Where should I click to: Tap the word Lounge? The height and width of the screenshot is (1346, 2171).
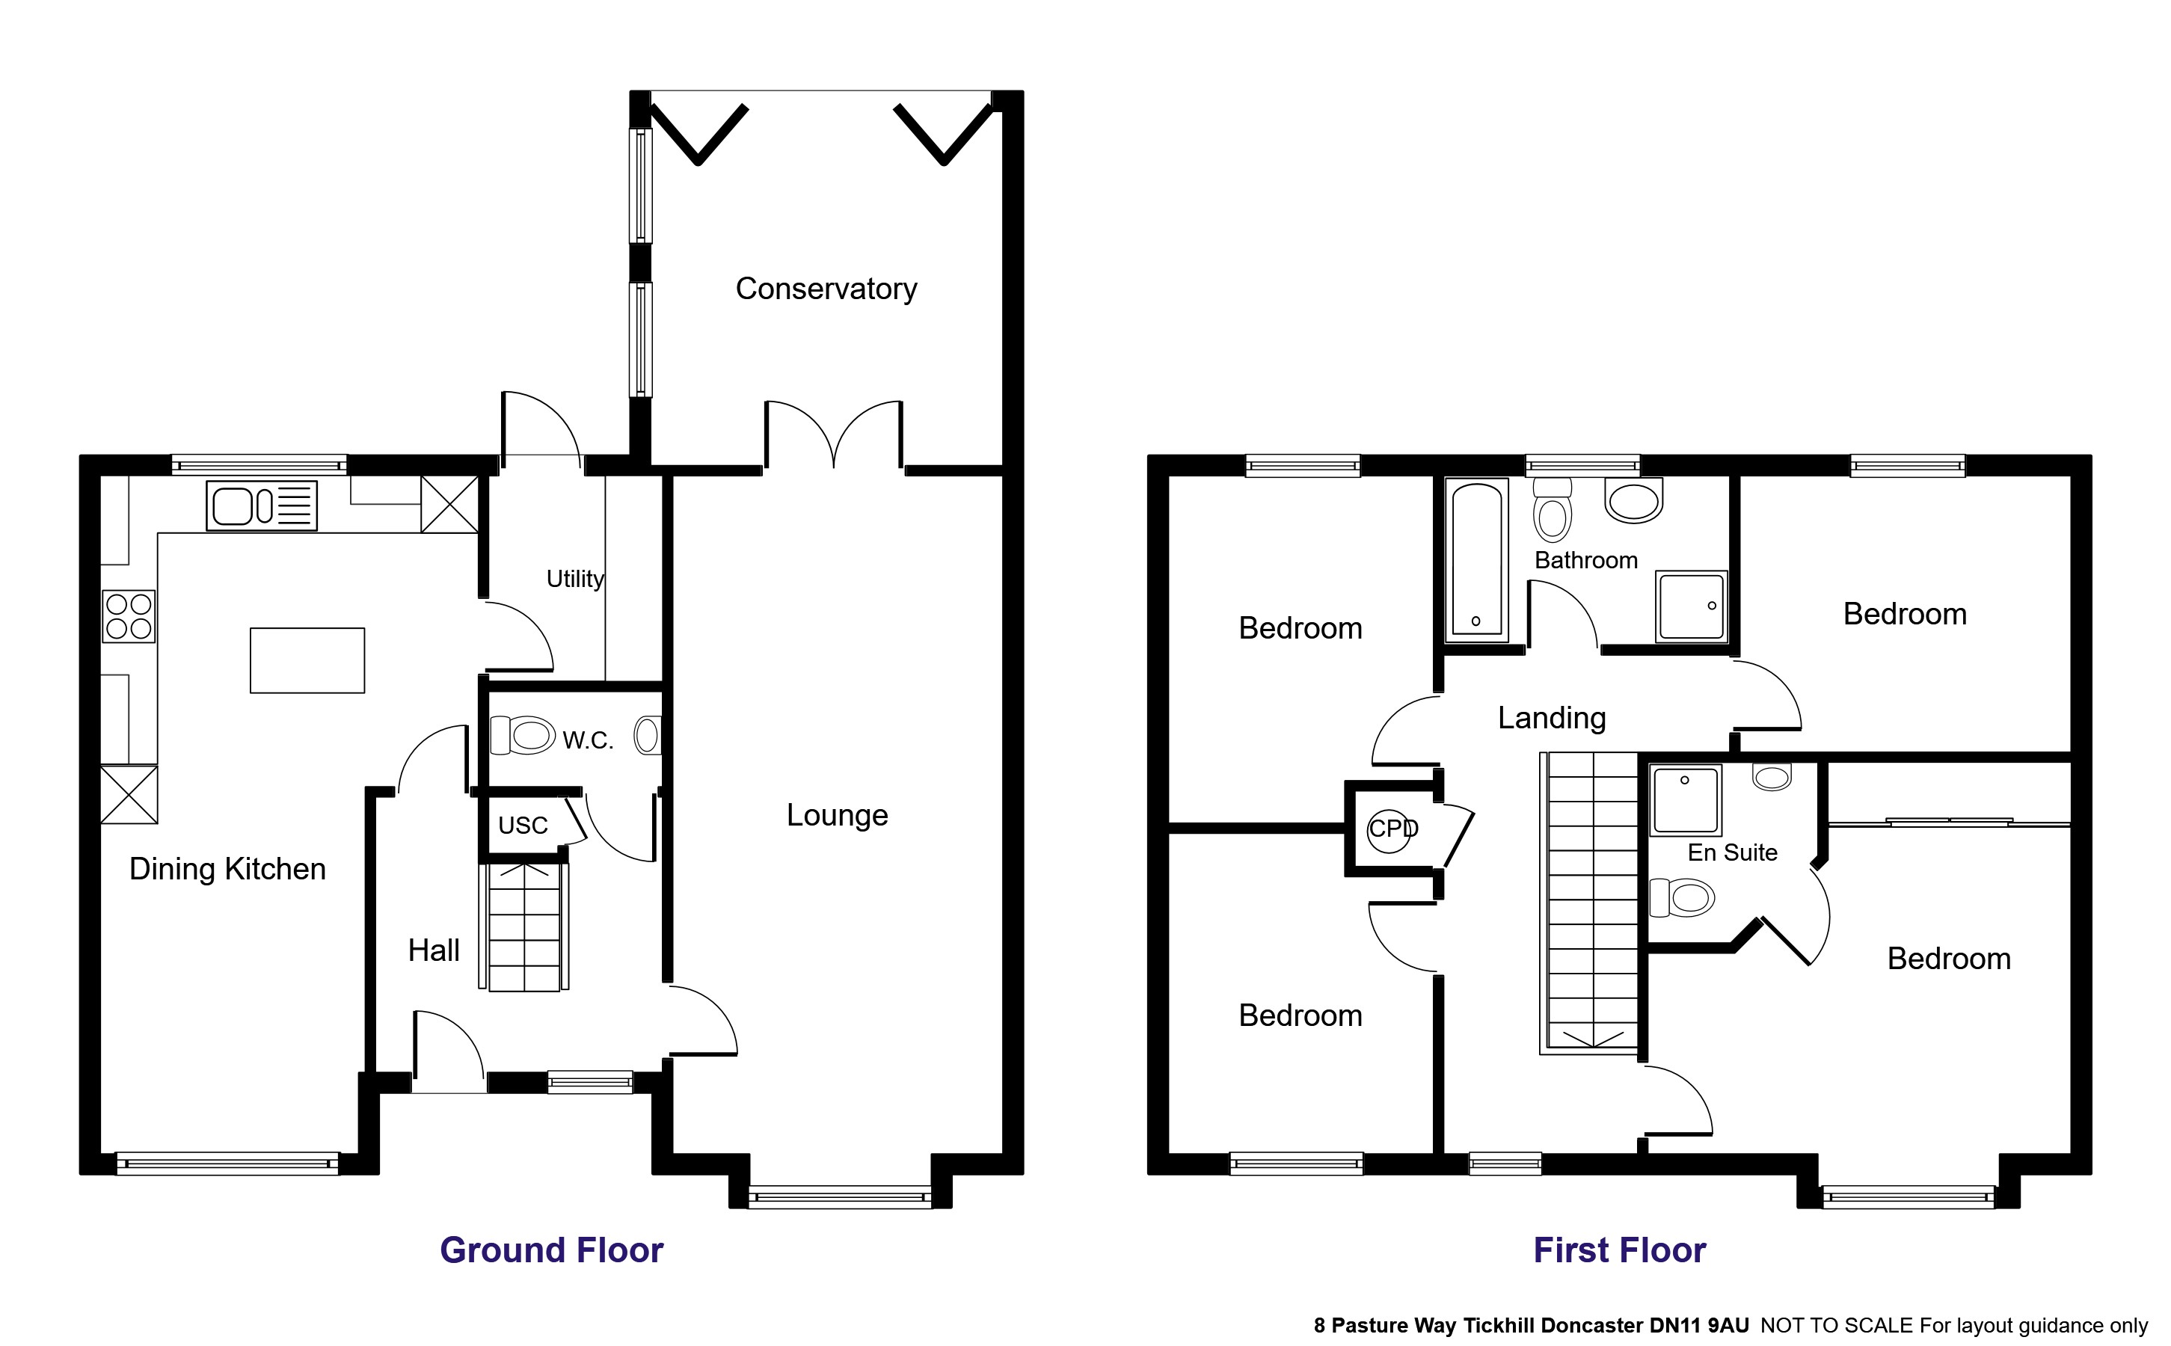pos(837,814)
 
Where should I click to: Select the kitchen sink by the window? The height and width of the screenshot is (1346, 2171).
pos(262,505)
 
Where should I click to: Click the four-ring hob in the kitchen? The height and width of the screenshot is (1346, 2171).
pos(128,616)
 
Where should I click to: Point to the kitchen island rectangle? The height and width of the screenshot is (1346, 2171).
pos(307,660)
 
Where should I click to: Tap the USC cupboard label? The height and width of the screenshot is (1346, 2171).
pos(523,826)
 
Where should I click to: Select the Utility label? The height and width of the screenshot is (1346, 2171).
pos(575,579)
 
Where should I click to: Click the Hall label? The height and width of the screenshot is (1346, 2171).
pos(434,950)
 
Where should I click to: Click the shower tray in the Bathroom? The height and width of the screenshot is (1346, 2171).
pos(1690,606)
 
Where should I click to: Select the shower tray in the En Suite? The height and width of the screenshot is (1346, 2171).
pos(1685,799)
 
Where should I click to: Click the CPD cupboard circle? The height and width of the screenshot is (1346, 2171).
pos(1390,830)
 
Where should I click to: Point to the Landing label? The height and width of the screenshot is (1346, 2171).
pos(1552,718)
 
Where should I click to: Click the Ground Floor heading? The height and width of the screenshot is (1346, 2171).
pos(551,1250)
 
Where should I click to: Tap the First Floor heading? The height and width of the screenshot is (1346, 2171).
pos(1618,1250)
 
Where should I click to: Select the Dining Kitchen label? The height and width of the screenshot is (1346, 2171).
pos(227,869)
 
